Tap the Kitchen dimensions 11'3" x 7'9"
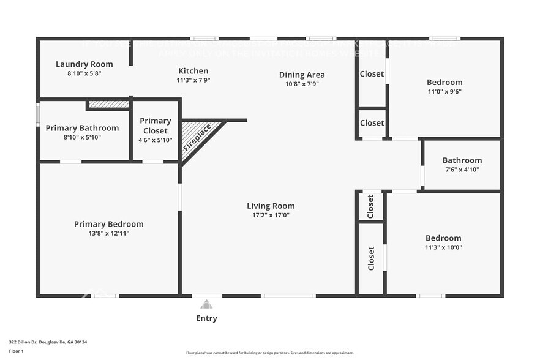click(193, 80)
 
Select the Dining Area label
click(302, 75)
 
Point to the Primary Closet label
click(156, 126)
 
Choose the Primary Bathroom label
click(82, 128)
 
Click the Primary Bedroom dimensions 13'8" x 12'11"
click(108, 233)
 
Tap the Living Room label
click(271, 206)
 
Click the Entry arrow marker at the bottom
click(206, 304)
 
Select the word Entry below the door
click(206, 318)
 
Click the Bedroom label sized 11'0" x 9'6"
click(444, 82)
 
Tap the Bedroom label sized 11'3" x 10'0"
click(443, 238)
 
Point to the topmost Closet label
click(372, 74)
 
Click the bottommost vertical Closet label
click(371, 258)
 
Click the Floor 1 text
click(16, 351)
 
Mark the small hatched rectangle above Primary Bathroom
click(108, 105)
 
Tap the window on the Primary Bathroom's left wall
click(38, 114)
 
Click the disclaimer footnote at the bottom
click(269, 353)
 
